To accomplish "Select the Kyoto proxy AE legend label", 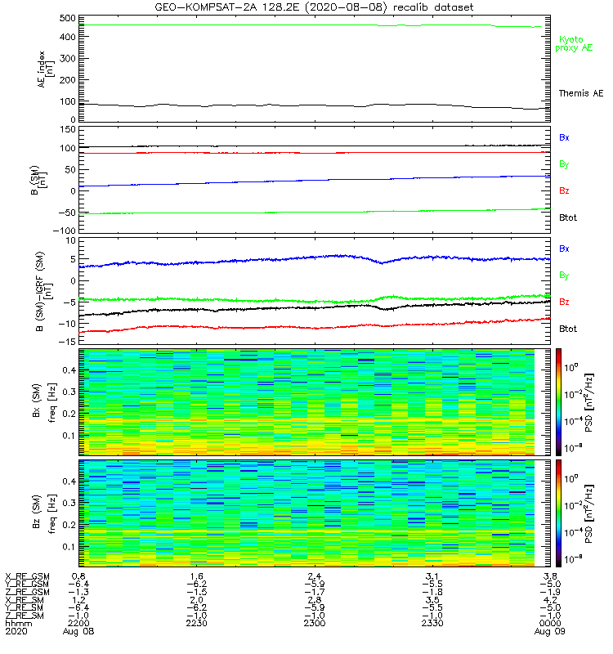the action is [574, 44].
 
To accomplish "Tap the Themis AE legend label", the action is [581, 93].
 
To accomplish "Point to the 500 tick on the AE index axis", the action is [67, 18].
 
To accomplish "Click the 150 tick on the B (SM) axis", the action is [68, 129].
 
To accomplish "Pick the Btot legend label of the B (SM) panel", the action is [568, 217].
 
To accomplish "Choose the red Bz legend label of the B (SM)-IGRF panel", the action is [564, 302].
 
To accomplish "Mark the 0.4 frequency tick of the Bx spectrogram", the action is [69, 370].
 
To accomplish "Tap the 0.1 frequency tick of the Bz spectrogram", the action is [69, 547].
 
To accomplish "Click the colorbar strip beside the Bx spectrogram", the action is [558, 402].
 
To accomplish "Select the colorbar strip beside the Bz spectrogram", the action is [558, 513].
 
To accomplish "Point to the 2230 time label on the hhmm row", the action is [196, 623].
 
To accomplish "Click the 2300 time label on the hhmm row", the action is [315, 623].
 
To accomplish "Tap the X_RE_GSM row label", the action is [27, 577].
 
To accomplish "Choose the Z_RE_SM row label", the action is [25, 616].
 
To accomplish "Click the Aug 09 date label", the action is [549, 631].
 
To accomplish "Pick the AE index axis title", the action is [46, 69].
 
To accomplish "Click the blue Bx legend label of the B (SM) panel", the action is [564, 137].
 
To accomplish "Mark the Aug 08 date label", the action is [78, 631].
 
